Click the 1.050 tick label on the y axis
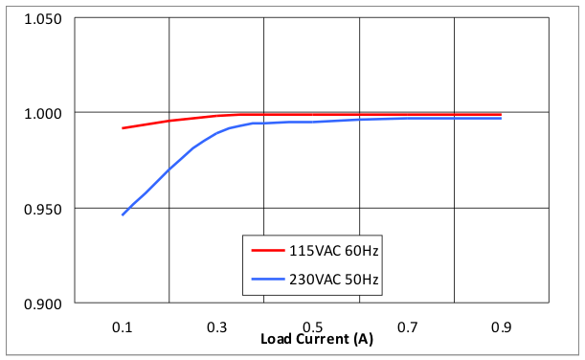point(43,19)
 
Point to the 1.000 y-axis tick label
point(43,114)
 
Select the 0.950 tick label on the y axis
point(43,209)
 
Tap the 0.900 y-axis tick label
point(43,304)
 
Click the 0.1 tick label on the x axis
point(123,326)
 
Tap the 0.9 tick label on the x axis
point(501,326)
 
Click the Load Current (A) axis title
point(317,339)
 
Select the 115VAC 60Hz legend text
point(328,251)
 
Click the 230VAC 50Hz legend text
point(328,280)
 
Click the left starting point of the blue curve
point(123,214)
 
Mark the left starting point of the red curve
point(123,127)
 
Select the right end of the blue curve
point(501,118)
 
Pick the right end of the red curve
point(501,114)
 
